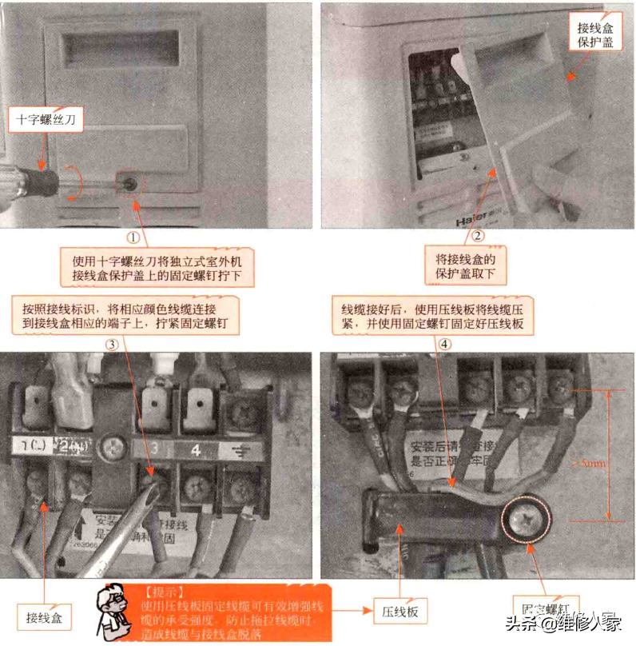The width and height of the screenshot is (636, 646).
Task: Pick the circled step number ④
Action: pyautogui.click(x=445, y=345)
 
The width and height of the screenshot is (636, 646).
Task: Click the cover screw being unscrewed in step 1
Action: pyautogui.click(x=129, y=182)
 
